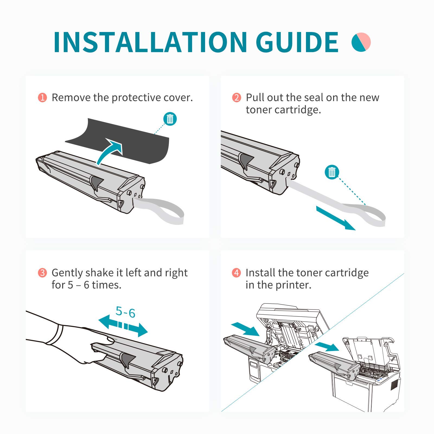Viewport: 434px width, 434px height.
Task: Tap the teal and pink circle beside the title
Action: point(361,42)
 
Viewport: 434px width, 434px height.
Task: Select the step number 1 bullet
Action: point(42,97)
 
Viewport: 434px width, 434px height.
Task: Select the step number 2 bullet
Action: point(237,97)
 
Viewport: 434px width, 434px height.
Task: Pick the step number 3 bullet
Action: point(42,273)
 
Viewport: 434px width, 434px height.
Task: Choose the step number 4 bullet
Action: point(237,273)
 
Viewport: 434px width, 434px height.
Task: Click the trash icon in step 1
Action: point(170,119)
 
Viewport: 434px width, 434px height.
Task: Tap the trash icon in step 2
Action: point(332,172)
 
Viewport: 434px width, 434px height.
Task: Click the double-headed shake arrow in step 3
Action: point(123,326)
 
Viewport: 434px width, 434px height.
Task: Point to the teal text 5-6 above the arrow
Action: point(125,312)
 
